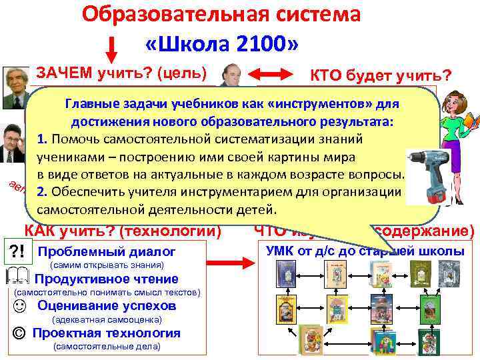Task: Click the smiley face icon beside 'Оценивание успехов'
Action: click(x=18, y=306)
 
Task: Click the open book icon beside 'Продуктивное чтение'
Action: click(x=20, y=279)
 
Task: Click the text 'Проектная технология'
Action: click(x=106, y=333)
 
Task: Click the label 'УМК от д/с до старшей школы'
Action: click(x=365, y=251)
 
